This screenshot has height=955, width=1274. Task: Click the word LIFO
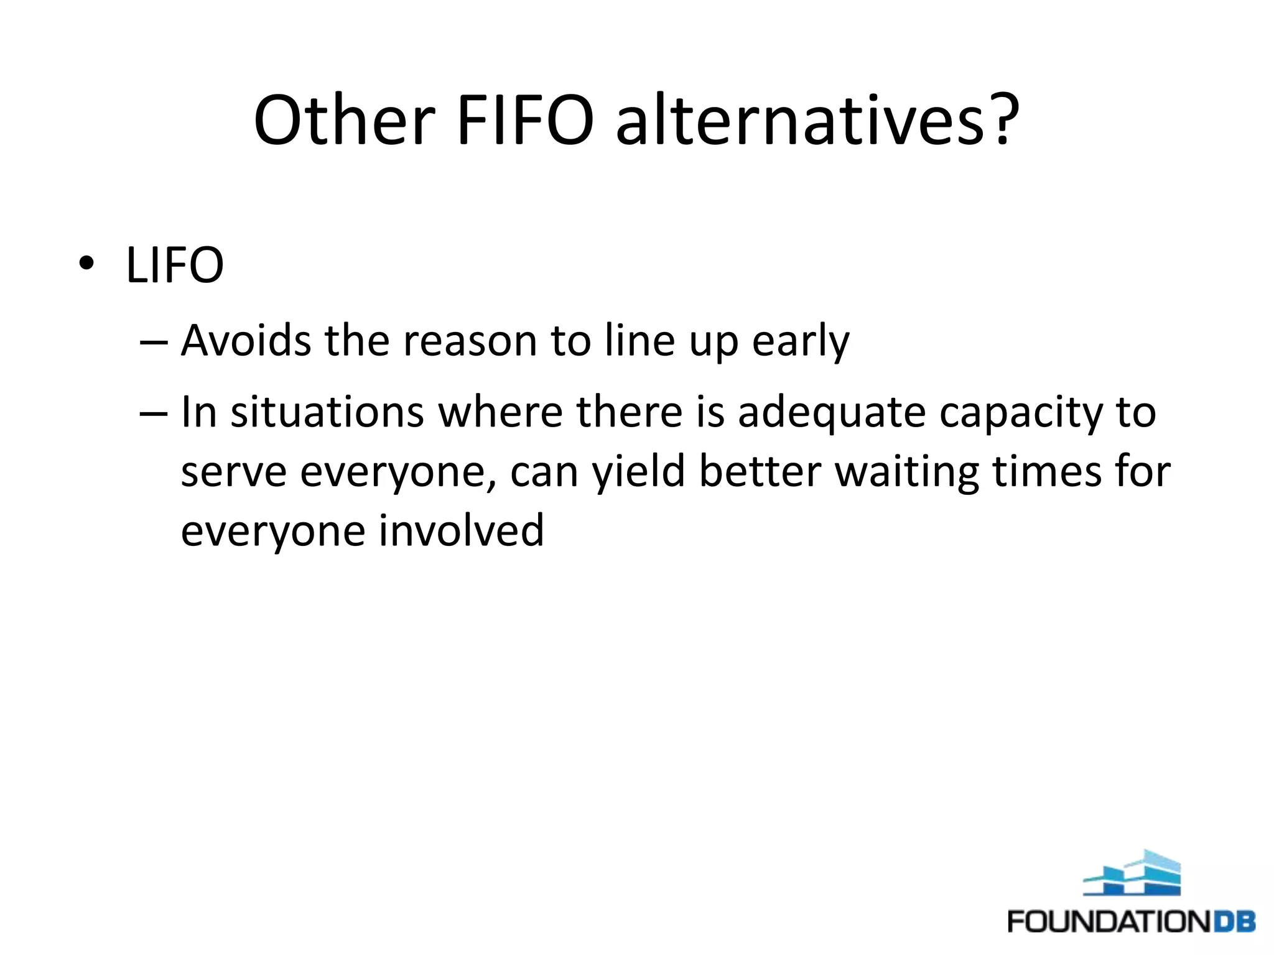pyautogui.click(x=175, y=265)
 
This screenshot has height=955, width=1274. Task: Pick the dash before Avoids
pyautogui.click(x=154, y=342)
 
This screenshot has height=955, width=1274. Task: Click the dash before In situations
pyautogui.click(x=154, y=413)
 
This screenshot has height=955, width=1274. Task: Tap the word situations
pyautogui.click(x=327, y=412)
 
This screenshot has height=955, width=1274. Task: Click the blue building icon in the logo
pyautogui.click(x=1132, y=873)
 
